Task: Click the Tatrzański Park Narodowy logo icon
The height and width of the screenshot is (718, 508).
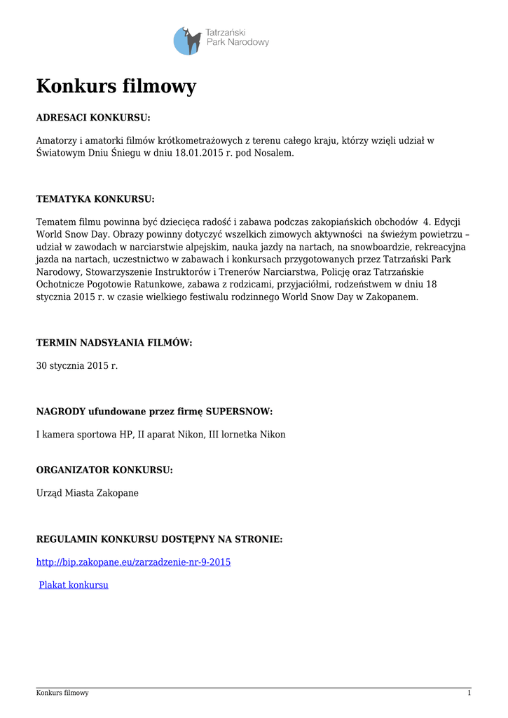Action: click(x=187, y=41)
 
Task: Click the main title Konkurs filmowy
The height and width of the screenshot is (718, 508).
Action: click(x=116, y=86)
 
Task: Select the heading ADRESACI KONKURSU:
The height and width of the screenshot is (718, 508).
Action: click(x=93, y=117)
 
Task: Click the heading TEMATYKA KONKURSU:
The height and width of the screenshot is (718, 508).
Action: click(x=95, y=199)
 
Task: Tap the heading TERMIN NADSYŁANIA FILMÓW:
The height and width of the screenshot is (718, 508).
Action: click(x=114, y=342)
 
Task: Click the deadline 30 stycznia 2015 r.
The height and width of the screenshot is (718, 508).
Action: click(x=77, y=365)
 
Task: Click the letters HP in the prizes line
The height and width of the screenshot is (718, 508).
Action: click(x=126, y=435)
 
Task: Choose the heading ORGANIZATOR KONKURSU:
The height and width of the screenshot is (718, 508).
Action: click(x=104, y=470)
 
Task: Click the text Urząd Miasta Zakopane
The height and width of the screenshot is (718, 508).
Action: click(x=88, y=493)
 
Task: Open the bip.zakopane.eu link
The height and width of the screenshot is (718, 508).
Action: click(x=133, y=562)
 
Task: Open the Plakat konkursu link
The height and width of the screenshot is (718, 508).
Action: click(x=74, y=585)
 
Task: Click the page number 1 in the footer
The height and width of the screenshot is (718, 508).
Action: click(x=469, y=693)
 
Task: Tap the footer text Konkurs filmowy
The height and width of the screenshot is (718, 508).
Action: click(x=62, y=693)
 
